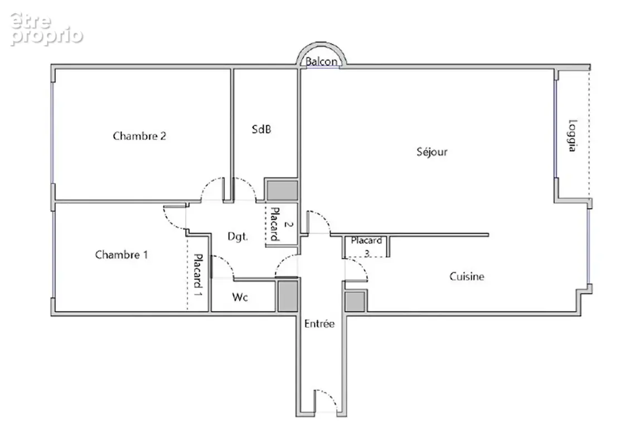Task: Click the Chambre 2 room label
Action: pyautogui.click(x=139, y=135)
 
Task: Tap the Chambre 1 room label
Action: pyautogui.click(x=122, y=255)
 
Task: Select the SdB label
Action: pyautogui.click(x=261, y=129)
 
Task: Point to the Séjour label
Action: pyautogui.click(x=432, y=152)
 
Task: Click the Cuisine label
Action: pyautogui.click(x=467, y=277)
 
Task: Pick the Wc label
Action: pyautogui.click(x=240, y=297)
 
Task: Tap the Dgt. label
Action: pyautogui.click(x=237, y=236)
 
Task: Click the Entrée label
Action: pyautogui.click(x=319, y=324)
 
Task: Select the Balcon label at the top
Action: pyautogui.click(x=322, y=62)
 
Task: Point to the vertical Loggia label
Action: pyautogui.click(x=572, y=135)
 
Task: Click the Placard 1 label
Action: pyautogui.click(x=198, y=275)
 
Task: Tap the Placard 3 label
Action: pyautogui.click(x=366, y=246)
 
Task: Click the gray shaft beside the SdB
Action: pyautogui.click(x=282, y=191)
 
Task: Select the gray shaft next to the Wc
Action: pyautogui.click(x=288, y=296)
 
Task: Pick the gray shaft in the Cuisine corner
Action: pyautogui.click(x=355, y=302)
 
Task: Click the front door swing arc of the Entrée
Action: pyautogui.click(x=330, y=396)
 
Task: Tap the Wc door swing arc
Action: pyautogui.click(x=227, y=261)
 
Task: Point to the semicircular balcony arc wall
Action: pyautogui.click(x=322, y=43)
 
